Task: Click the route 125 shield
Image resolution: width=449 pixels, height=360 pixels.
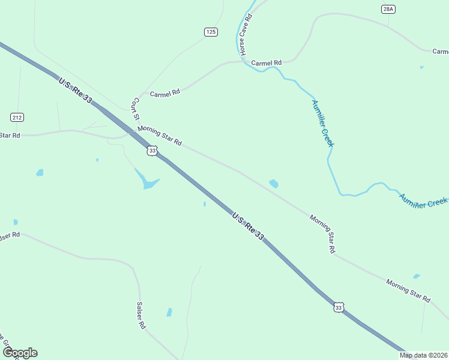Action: (x=211, y=32)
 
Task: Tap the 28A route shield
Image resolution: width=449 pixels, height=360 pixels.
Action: (x=388, y=9)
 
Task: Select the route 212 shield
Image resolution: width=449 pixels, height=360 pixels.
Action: (x=17, y=116)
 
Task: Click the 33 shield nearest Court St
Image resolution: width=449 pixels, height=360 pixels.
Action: (x=152, y=151)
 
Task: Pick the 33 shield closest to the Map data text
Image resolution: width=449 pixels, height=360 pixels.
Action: (x=339, y=307)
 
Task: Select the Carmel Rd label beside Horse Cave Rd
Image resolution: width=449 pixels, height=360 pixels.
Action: (x=267, y=63)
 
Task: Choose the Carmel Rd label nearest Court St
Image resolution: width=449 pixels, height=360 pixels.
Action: (x=165, y=94)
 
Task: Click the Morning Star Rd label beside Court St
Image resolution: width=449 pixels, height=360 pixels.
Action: (x=159, y=135)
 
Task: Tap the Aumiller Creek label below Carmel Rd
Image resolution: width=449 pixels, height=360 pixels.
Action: (x=322, y=122)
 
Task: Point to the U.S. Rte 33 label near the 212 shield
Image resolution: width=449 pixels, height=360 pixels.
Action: (x=75, y=90)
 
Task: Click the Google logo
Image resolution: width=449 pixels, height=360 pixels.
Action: (x=20, y=353)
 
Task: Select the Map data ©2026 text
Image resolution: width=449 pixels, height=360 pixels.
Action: (x=423, y=355)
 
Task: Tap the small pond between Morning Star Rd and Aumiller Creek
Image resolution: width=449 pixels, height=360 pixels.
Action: (x=274, y=184)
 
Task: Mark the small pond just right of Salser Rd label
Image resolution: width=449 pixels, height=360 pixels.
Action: (x=169, y=313)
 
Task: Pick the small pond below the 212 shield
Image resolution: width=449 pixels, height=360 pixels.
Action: (x=40, y=173)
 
